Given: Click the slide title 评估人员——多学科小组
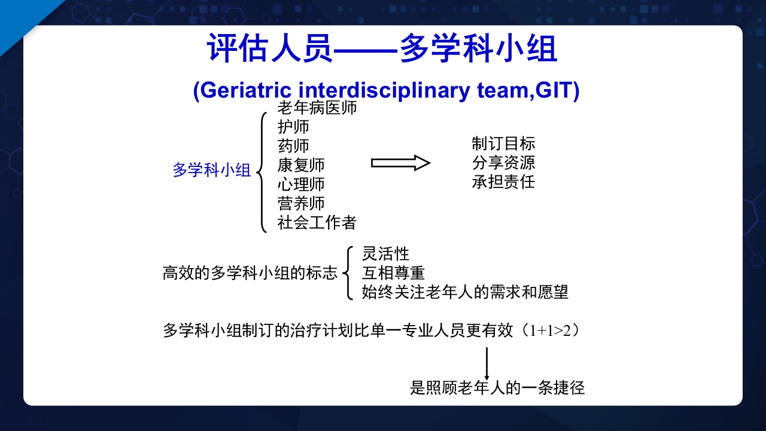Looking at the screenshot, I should click(382, 49).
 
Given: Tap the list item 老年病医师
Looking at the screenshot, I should click(317, 108).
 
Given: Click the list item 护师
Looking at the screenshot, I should click(293, 127).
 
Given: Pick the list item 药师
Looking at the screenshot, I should click(293, 146).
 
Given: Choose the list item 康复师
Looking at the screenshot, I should click(301, 165).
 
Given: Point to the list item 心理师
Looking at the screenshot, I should click(301, 184).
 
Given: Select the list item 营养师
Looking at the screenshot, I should click(301, 203).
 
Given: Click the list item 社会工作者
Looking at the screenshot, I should click(317, 223).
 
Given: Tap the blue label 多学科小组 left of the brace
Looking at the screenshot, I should click(212, 170).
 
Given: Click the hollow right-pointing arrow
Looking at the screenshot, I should click(400, 163).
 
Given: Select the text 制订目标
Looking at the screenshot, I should click(503, 144).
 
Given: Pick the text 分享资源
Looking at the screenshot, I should click(503, 163).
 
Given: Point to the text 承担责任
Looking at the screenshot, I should click(503, 182).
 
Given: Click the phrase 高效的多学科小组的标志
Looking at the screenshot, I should click(250, 274).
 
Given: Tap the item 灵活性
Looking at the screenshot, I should click(386, 254).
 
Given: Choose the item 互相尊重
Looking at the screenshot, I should click(394, 273).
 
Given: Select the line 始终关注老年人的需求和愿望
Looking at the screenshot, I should click(465, 292).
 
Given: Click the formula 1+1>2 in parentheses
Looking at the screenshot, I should click(550, 330).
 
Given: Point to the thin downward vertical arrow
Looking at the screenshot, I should click(487, 363).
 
